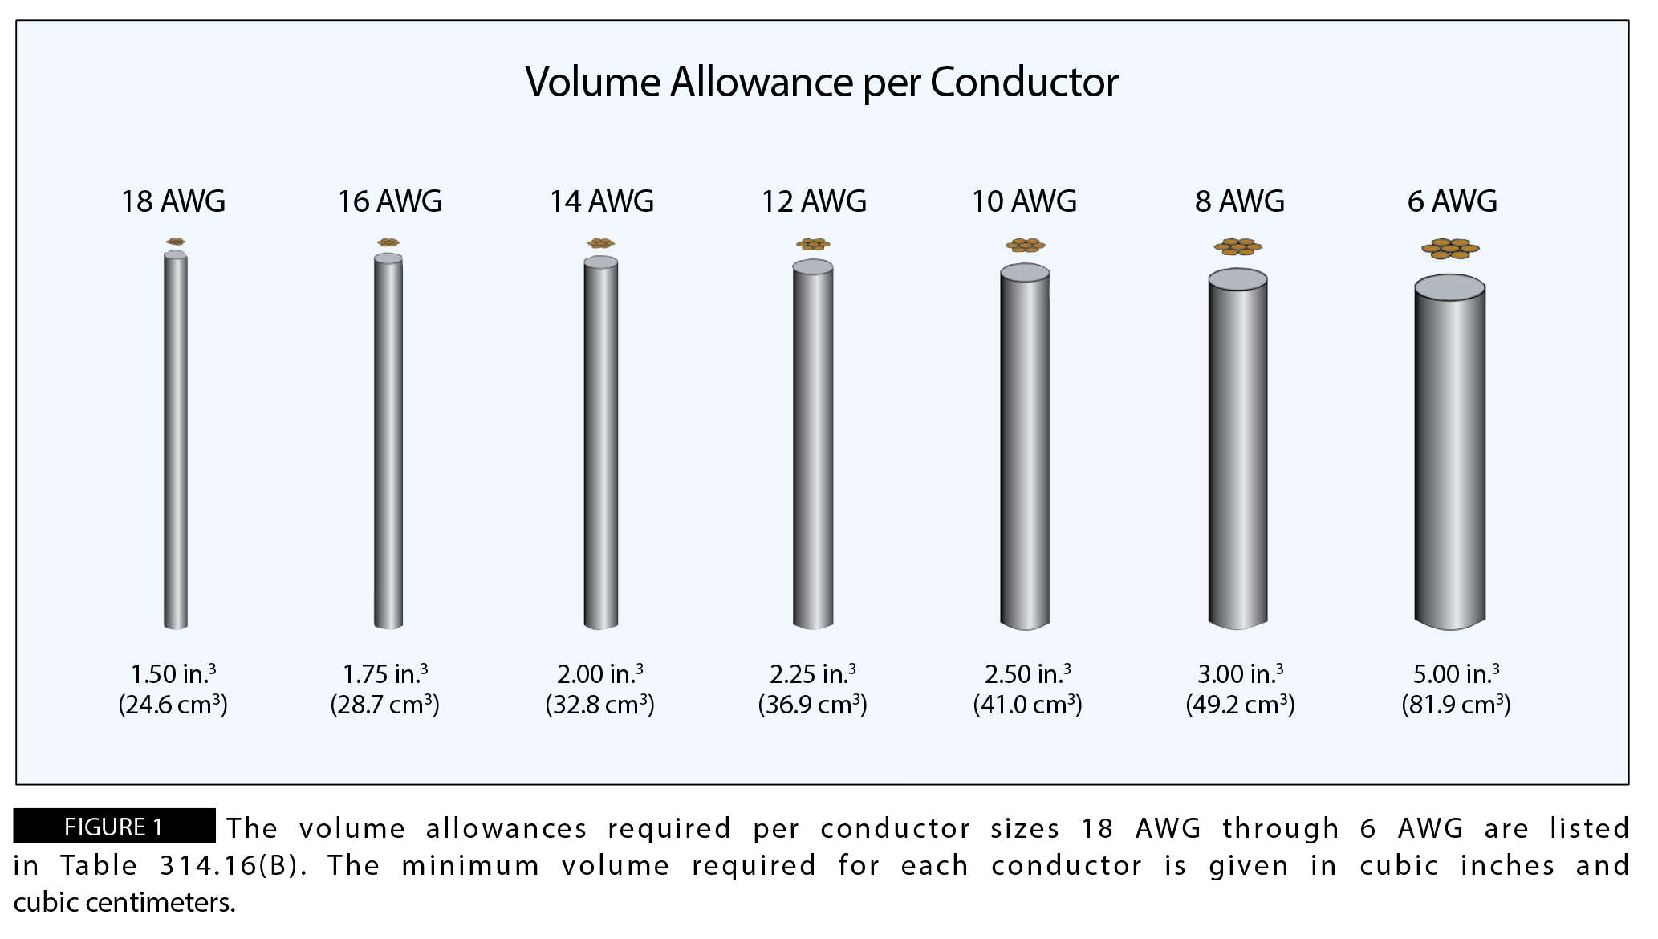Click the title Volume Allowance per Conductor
click(x=821, y=83)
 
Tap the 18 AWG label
click(x=173, y=201)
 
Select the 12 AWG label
click(x=814, y=201)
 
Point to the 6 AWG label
click(x=1452, y=201)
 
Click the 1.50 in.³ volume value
click(x=173, y=674)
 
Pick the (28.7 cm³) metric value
click(x=385, y=705)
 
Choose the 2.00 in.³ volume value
click(x=600, y=674)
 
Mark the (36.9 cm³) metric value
click(x=813, y=705)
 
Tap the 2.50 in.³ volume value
click(x=1028, y=674)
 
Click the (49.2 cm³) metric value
click(x=1241, y=705)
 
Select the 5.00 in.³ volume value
click(x=1456, y=674)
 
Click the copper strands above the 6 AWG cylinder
click(x=1450, y=249)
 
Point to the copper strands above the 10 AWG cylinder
click(x=1025, y=245)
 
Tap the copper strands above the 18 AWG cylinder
click(x=176, y=242)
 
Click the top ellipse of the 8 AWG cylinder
click(x=1237, y=280)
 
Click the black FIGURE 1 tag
click(x=114, y=827)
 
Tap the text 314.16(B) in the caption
click(x=233, y=866)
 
